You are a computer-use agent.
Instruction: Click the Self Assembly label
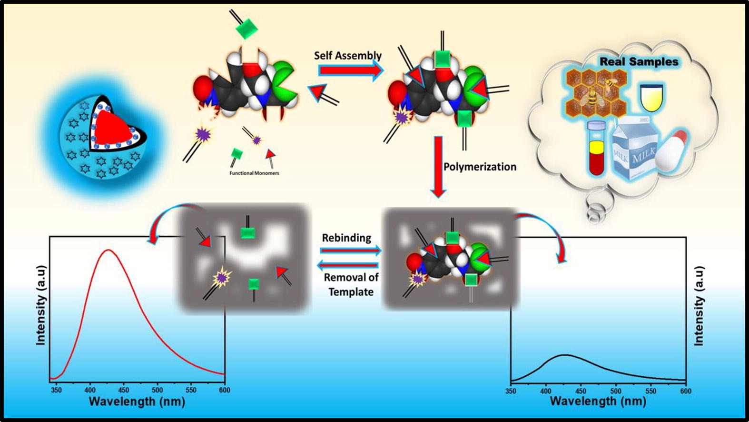[348, 56]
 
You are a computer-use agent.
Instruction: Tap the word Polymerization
[480, 167]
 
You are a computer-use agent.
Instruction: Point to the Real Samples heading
[639, 62]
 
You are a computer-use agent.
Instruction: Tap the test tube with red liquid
[597, 148]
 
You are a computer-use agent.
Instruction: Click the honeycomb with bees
[597, 91]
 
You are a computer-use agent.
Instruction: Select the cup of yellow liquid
[652, 98]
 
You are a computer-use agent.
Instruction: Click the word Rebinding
[346, 238]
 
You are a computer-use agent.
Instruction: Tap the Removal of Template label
[351, 284]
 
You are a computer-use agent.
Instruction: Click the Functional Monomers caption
[254, 173]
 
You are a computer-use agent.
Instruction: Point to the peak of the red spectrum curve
[108, 250]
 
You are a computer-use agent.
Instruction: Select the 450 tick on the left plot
[123, 390]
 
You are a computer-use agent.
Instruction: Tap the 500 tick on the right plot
[616, 391]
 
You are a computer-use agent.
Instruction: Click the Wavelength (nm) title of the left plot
[137, 402]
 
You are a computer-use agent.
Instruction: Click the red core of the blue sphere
[112, 128]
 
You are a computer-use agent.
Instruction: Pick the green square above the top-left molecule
[246, 29]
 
